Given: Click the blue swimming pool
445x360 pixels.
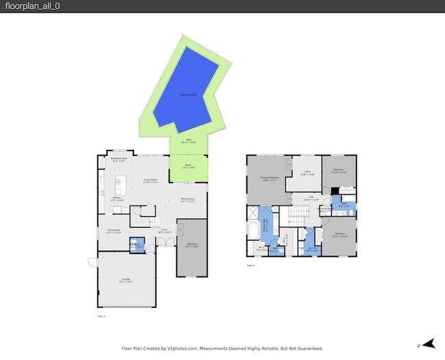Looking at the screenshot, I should (x=186, y=96).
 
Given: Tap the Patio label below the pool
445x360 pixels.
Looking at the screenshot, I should (x=188, y=141).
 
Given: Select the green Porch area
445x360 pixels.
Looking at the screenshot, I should (x=188, y=168).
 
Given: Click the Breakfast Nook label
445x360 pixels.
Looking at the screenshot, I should (x=118, y=159).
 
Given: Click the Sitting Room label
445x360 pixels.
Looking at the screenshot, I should (x=188, y=200).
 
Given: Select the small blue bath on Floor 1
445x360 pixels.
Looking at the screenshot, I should (x=136, y=246).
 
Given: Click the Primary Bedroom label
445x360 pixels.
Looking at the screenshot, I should (x=268, y=179).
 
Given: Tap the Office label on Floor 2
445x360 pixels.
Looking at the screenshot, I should (x=307, y=173).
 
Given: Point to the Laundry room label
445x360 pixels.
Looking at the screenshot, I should (x=311, y=249).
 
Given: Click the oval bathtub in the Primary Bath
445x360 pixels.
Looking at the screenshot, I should (x=253, y=229).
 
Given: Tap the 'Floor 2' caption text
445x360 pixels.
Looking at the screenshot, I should (x=251, y=266).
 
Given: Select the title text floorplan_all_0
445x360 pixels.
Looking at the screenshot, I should (x=29, y=6).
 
